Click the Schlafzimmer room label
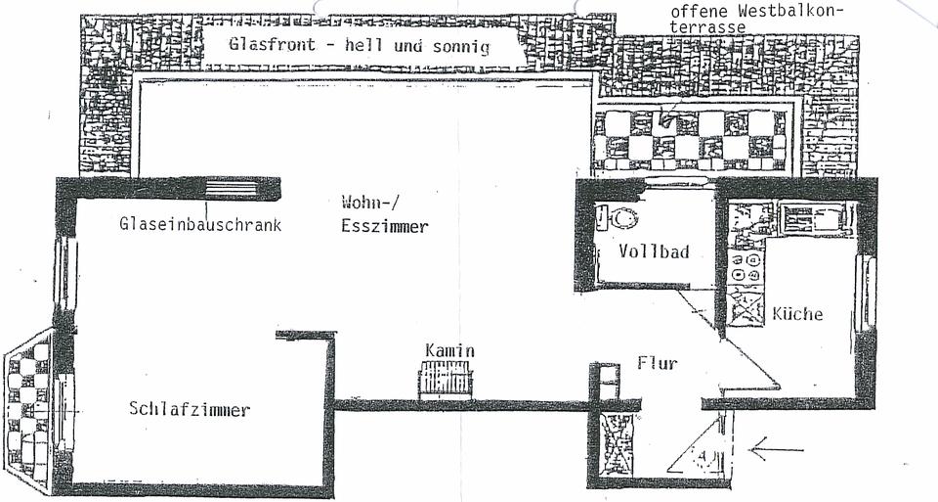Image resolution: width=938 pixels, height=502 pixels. point(189,409)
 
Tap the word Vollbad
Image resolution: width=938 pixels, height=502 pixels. point(654,251)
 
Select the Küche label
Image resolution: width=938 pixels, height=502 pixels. point(797,314)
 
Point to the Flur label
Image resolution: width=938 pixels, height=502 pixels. point(657,363)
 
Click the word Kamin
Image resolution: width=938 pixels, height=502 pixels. point(449,350)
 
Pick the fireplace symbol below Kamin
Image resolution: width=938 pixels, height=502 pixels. point(446,380)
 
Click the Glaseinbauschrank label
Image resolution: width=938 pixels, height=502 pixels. point(200,224)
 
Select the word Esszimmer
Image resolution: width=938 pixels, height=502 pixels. point(385,226)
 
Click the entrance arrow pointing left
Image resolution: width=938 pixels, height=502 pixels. point(777,450)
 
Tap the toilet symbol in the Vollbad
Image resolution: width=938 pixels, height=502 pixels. point(618,217)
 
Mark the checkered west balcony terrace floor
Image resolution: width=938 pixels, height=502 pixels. point(693,136)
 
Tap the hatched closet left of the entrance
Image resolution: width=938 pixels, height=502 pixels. point(618,446)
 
